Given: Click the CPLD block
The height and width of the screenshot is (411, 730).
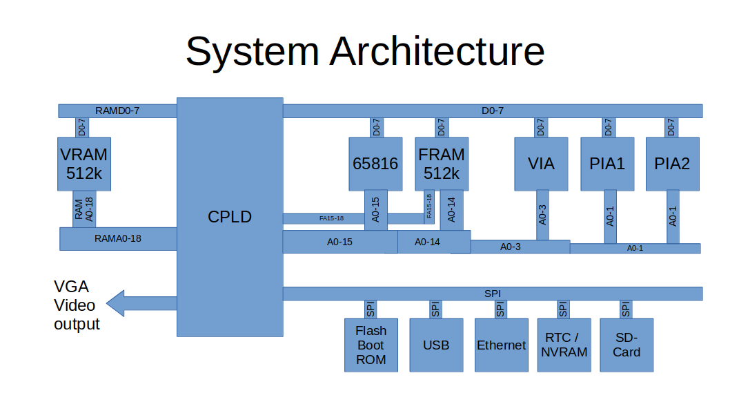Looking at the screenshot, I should tap(230, 217).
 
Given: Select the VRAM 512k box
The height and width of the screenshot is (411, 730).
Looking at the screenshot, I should tap(84, 163).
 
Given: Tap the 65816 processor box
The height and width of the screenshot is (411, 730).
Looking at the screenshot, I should tap(375, 164).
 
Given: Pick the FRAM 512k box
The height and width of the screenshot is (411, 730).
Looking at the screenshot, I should tap(442, 164).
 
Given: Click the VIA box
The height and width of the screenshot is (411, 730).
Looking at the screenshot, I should tap(541, 164).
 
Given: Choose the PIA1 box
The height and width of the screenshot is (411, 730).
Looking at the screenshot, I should tap(607, 164).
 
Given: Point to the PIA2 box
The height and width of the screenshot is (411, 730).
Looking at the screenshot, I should tap(672, 164).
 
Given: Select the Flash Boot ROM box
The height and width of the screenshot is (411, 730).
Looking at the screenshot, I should tap(371, 345).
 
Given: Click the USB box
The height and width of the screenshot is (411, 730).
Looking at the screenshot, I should tap(435, 345).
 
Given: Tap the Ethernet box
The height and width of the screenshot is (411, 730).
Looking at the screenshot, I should tap(501, 345).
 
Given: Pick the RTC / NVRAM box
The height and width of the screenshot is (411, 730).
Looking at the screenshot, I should tap(564, 345).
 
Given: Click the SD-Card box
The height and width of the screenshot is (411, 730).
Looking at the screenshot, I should tap(627, 345).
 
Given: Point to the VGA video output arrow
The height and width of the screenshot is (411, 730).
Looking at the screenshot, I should tap(141, 303).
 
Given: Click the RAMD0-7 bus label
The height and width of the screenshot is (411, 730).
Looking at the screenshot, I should tap(117, 111).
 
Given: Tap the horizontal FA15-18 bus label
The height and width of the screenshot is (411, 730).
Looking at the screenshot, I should tap(331, 218).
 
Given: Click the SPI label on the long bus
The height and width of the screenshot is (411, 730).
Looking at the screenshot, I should tap(493, 294).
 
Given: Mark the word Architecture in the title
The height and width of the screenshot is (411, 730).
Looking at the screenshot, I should tap(437, 52).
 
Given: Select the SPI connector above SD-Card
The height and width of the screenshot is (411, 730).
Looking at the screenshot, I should tap(625, 309).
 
